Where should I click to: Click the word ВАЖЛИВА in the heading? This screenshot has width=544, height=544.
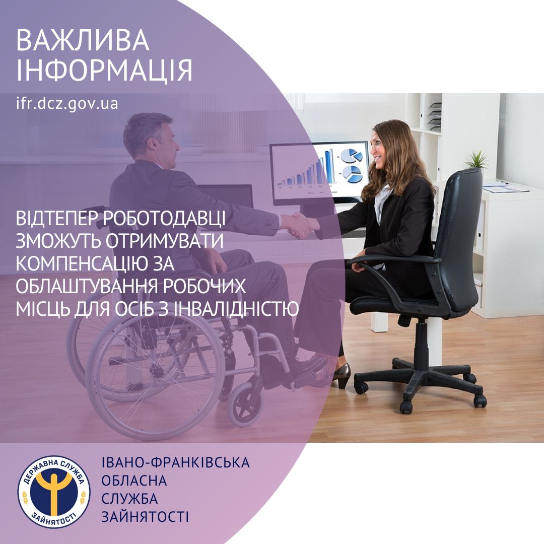[83, 41]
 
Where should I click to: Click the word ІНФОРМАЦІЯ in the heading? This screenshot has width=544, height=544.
[104, 70]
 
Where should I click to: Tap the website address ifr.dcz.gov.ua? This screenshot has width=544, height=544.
[67, 103]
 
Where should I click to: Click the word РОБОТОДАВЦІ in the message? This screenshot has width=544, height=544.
[164, 218]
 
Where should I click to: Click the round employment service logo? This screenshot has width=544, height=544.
[54, 492]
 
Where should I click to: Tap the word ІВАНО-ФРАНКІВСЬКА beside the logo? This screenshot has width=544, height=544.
[175, 462]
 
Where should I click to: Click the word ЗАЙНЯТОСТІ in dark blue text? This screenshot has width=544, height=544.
[145, 517]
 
